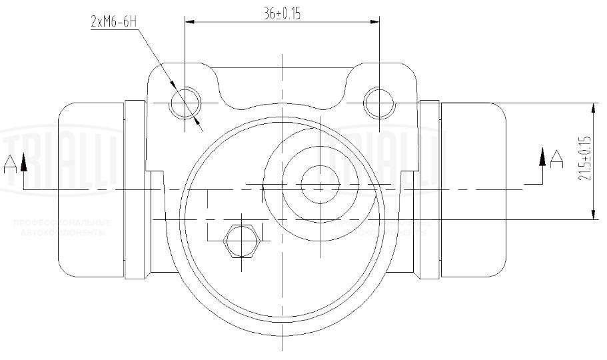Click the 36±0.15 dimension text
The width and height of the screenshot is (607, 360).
click(281, 13)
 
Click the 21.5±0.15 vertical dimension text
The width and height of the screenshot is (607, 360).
click(585, 157)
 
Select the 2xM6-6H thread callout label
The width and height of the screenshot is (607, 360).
click(114, 21)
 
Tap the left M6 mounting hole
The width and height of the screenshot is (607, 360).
click(184, 103)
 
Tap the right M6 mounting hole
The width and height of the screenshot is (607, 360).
click(379, 103)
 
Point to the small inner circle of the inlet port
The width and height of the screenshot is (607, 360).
click(320, 184)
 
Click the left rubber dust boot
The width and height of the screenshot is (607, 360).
click(91, 189)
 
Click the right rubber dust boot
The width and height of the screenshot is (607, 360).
click(474, 189)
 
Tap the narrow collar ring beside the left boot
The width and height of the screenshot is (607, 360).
click(135, 189)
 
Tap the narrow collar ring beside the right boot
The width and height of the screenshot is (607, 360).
click(430, 189)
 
